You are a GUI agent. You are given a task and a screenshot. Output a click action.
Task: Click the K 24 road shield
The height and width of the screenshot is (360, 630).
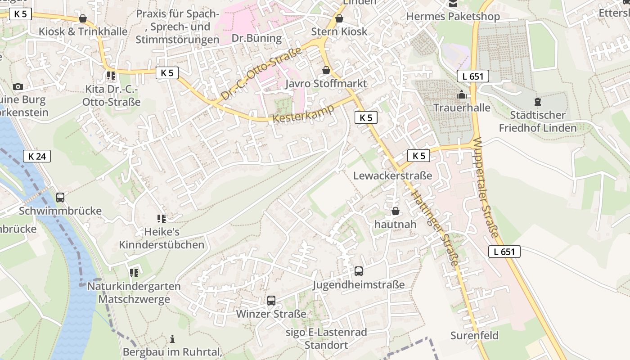37,156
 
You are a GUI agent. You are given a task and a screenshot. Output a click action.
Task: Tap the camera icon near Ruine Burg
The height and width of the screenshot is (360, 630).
18,86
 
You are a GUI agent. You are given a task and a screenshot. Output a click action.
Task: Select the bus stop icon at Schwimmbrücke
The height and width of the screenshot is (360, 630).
60,198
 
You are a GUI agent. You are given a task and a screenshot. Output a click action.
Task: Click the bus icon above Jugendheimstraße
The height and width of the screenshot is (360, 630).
359,271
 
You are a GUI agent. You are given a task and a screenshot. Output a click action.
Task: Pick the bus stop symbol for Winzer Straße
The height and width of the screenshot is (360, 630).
271,301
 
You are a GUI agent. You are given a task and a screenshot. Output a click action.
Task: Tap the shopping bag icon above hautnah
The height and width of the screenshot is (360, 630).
396,211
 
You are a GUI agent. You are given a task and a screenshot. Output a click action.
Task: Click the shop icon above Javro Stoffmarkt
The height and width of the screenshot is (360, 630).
326,71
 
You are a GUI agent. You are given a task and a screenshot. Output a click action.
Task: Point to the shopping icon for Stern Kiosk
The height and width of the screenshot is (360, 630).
339,18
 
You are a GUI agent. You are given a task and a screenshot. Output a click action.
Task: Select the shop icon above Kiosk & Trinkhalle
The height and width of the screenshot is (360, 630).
83,18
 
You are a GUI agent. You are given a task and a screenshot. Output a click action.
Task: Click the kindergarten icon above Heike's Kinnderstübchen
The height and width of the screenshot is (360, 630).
162,219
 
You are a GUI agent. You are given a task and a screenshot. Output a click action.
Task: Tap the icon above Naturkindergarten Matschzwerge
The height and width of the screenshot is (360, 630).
134,273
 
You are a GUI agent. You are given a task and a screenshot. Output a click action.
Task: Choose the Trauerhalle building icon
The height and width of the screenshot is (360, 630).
462,95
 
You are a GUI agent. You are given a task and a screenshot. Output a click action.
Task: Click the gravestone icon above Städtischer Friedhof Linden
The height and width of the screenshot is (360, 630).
537,102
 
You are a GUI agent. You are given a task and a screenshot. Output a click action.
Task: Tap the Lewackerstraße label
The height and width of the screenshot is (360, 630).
392,175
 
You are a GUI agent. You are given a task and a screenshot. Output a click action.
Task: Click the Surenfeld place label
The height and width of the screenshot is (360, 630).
474,336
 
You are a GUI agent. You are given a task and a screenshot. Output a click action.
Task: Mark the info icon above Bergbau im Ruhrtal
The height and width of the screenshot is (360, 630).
172,339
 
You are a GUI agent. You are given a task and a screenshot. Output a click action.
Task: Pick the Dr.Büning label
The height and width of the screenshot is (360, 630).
256,38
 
